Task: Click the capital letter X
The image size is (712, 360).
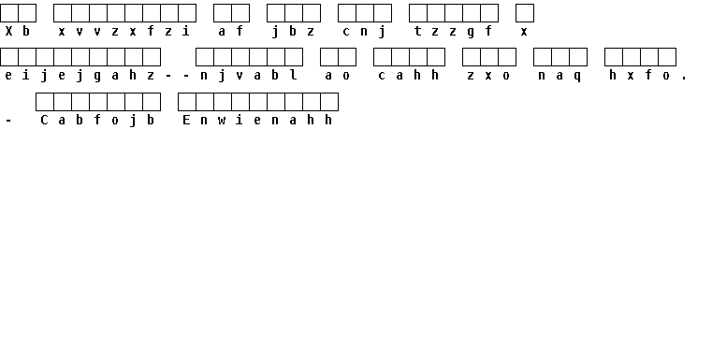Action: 8,31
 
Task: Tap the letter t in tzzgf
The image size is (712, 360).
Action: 418,31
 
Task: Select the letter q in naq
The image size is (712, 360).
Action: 577,76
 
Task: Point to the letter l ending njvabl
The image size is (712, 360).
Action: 294,75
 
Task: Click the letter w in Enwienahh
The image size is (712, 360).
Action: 222,121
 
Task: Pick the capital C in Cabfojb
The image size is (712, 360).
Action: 44,120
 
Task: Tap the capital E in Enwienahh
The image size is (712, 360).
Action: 186,120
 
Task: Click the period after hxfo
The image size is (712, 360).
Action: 684,79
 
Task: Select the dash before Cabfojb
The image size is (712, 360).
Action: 8,121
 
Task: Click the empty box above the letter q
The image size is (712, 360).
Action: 578,57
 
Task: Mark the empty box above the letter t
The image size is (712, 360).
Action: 418,13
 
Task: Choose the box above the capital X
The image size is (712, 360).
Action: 9,13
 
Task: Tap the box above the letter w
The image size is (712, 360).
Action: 223,102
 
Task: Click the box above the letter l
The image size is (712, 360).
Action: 294,57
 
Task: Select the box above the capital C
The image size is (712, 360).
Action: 45,102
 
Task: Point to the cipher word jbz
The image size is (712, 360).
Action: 294,31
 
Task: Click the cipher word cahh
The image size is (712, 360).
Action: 409,76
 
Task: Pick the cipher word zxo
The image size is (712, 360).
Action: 488,76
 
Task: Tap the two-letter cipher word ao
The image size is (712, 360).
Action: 338,76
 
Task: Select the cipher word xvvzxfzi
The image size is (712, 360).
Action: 124,31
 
